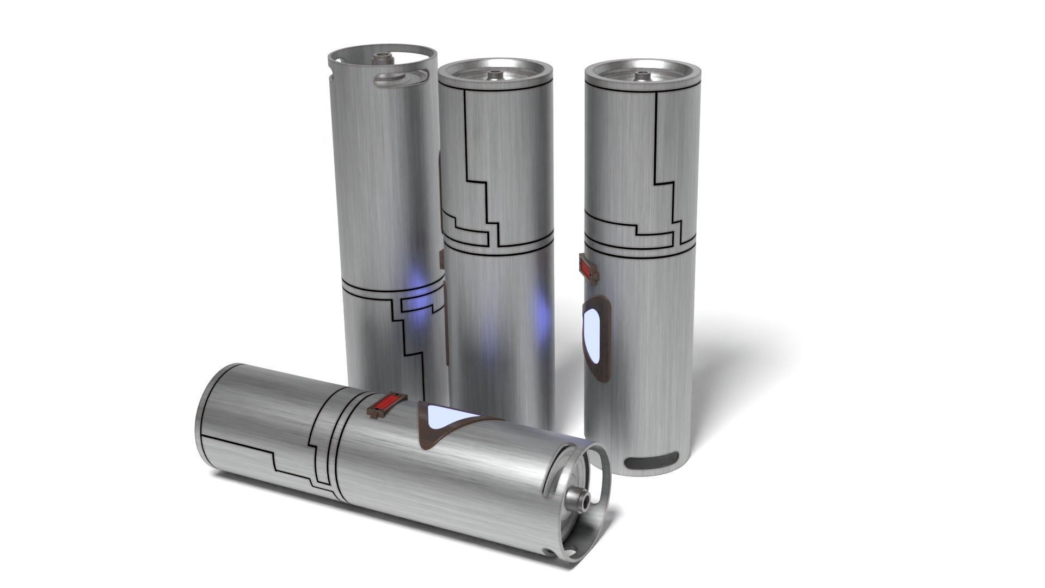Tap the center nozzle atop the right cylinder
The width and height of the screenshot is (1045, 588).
(643, 75)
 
